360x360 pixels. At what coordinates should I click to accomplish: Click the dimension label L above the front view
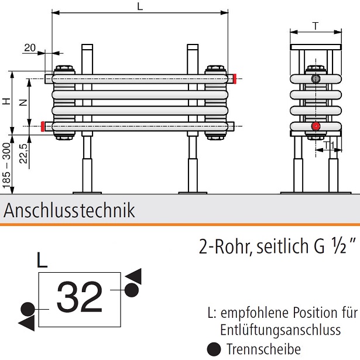[x=139, y=7]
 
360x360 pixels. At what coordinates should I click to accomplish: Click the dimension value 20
[x=30, y=48]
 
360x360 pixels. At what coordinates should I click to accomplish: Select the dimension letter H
[x=6, y=101]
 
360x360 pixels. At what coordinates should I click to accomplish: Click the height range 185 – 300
[x=6, y=167]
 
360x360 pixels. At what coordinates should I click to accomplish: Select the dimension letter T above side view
[x=316, y=25]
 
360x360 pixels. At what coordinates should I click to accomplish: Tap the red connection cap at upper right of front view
[x=234, y=78]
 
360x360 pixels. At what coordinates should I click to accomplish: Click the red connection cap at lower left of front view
[x=44, y=125]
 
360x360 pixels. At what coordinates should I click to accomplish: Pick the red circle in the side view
[x=316, y=126]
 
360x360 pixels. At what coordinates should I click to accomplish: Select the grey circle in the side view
[x=316, y=78]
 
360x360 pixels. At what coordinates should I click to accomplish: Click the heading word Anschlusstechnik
[x=69, y=211]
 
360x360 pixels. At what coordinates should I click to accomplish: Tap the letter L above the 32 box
[x=42, y=259]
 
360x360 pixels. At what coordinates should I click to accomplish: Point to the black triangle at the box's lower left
[x=26, y=323]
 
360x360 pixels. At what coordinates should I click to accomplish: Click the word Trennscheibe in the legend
[x=255, y=349]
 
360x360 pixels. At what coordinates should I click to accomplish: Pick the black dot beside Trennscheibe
[x=215, y=349]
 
